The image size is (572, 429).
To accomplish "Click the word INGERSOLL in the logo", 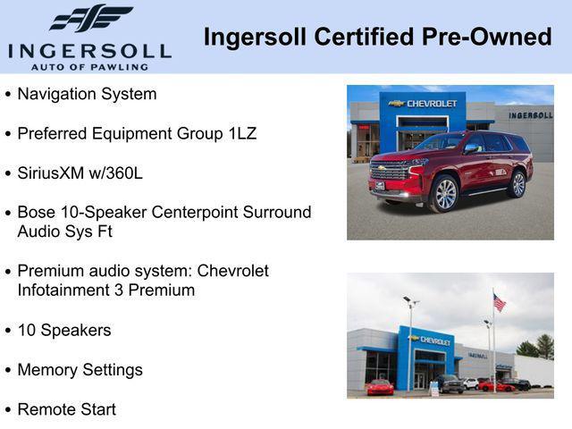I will click(89, 50).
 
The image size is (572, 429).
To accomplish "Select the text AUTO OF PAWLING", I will click(90, 66).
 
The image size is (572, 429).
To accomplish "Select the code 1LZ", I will click(240, 133).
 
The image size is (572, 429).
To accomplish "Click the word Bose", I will click(37, 212).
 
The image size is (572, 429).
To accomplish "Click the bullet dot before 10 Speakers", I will click(8, 331).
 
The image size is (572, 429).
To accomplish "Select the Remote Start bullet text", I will click(66, 409).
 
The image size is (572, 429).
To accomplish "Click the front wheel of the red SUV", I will click(445, 194).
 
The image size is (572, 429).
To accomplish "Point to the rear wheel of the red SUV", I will click(517, 184).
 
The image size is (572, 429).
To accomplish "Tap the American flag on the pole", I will click(499, 303).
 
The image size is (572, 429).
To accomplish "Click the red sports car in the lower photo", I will click(380, 387).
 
